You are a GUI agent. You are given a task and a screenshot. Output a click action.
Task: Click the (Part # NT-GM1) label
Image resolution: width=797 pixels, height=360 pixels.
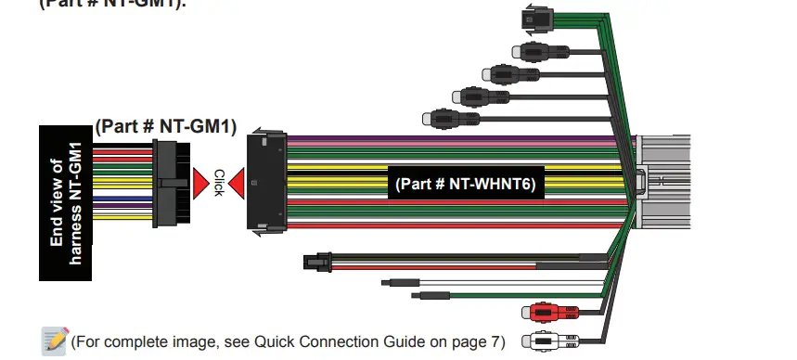[166, 125]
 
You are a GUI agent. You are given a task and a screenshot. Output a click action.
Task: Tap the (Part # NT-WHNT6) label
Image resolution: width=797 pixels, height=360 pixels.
[466, 183]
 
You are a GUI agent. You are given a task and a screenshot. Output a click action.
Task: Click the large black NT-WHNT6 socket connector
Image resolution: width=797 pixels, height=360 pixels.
[267, 180]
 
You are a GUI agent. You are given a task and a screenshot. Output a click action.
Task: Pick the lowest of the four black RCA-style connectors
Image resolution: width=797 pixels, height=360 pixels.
[437, 118]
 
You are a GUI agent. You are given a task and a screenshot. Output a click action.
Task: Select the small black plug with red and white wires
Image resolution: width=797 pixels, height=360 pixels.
[315, 263]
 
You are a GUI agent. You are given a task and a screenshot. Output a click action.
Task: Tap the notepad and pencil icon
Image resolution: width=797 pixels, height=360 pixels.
[54, 341]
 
